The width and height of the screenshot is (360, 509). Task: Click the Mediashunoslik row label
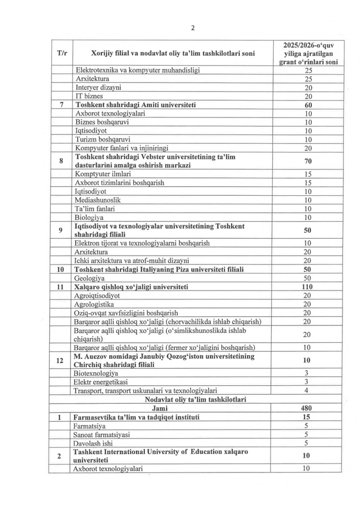tap(98, 200)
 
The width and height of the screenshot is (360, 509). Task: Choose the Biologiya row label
tap(89, 217)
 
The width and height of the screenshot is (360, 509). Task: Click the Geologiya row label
tap(91, 278)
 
